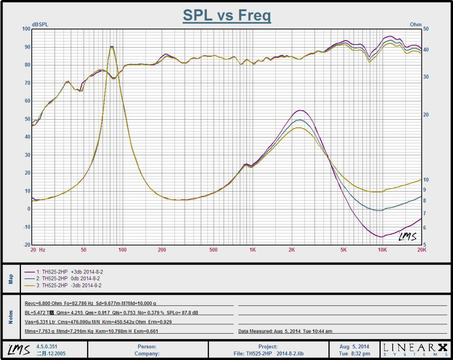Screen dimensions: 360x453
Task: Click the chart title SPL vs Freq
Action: (227, 16)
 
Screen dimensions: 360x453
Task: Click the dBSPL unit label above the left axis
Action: (40, 25)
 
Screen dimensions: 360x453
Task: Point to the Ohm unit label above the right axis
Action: (416, 25)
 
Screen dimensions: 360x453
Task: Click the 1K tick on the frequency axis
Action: (253, 250)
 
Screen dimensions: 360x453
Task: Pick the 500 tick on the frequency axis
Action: (213, 250)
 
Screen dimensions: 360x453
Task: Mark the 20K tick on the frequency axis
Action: (421, 250)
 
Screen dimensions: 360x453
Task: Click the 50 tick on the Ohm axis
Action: (426, 29)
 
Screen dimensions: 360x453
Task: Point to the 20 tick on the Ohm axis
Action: (426, 115)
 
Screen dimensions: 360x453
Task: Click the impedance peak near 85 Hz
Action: (112, 47)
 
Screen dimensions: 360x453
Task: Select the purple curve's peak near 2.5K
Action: (300, 110)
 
